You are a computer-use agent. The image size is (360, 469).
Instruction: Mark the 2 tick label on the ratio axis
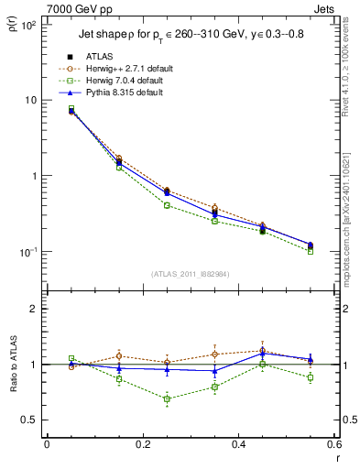point(33,309)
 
